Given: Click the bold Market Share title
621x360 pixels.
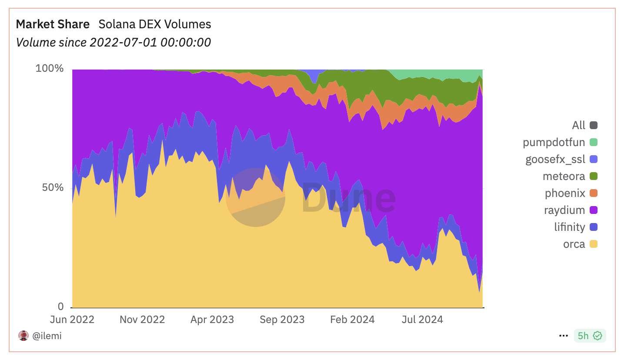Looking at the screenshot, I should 53,24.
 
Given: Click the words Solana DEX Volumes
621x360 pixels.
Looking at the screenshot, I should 155,24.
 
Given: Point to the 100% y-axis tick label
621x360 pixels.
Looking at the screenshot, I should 50,69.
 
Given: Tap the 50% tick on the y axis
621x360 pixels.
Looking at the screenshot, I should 53,188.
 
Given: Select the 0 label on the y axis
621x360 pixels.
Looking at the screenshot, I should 61,307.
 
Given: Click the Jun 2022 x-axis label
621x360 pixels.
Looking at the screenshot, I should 72,320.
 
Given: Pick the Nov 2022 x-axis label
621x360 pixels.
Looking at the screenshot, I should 142,320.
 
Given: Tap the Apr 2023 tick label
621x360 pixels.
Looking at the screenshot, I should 212,320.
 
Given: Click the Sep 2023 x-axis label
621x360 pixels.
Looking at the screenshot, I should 282,320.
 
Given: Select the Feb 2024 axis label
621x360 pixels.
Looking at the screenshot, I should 352,320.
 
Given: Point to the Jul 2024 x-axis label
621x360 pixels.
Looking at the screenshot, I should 422,320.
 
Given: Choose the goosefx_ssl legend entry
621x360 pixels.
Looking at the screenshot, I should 555,159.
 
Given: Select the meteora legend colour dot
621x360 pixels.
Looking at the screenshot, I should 594,176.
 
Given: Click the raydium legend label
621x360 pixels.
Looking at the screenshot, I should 564,210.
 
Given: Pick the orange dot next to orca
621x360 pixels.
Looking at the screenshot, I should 594,244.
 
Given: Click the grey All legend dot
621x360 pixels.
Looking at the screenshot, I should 594,125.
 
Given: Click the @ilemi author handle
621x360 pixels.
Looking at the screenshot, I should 47,336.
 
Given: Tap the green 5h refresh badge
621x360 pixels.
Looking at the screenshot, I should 590,336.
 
